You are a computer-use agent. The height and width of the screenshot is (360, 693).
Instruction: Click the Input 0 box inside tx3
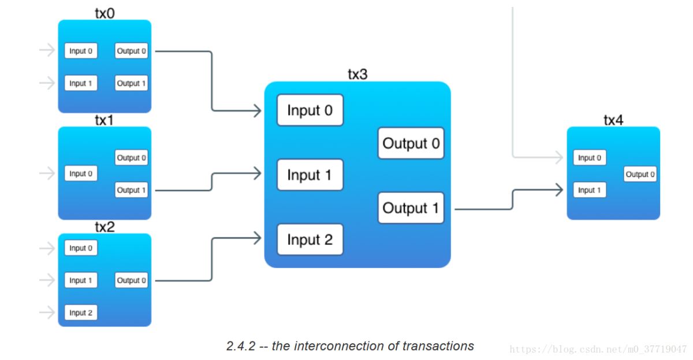(310, 110)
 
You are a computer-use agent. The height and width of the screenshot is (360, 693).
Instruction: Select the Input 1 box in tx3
(310, 175)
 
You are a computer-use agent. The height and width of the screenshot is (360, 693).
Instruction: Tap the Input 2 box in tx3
(310, 240)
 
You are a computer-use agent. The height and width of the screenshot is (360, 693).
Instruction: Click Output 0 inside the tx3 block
(411, 143)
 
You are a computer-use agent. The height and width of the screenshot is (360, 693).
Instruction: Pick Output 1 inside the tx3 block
(411, 208)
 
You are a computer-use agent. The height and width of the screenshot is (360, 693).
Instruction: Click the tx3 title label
(357, 74)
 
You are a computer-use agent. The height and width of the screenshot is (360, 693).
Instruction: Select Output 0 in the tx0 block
(132, 51)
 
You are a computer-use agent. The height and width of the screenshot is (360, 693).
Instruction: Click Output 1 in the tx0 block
(132, 83)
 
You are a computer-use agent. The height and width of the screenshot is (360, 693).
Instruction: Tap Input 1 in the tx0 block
(81, 83)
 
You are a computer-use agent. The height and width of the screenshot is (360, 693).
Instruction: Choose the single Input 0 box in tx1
(81, 173)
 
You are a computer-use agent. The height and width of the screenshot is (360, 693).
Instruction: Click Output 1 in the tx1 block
(132, 190)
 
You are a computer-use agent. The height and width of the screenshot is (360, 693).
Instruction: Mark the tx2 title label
(105, 227)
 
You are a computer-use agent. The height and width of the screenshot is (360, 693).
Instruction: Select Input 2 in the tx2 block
(81, 313)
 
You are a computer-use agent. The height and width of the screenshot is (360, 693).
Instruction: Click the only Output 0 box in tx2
(132, 280)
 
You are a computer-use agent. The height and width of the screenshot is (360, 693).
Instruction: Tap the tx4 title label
(613, 120)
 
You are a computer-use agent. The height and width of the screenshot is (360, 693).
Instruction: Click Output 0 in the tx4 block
(640, 174)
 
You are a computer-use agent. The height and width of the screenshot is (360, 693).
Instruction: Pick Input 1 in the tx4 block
(590, 190)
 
